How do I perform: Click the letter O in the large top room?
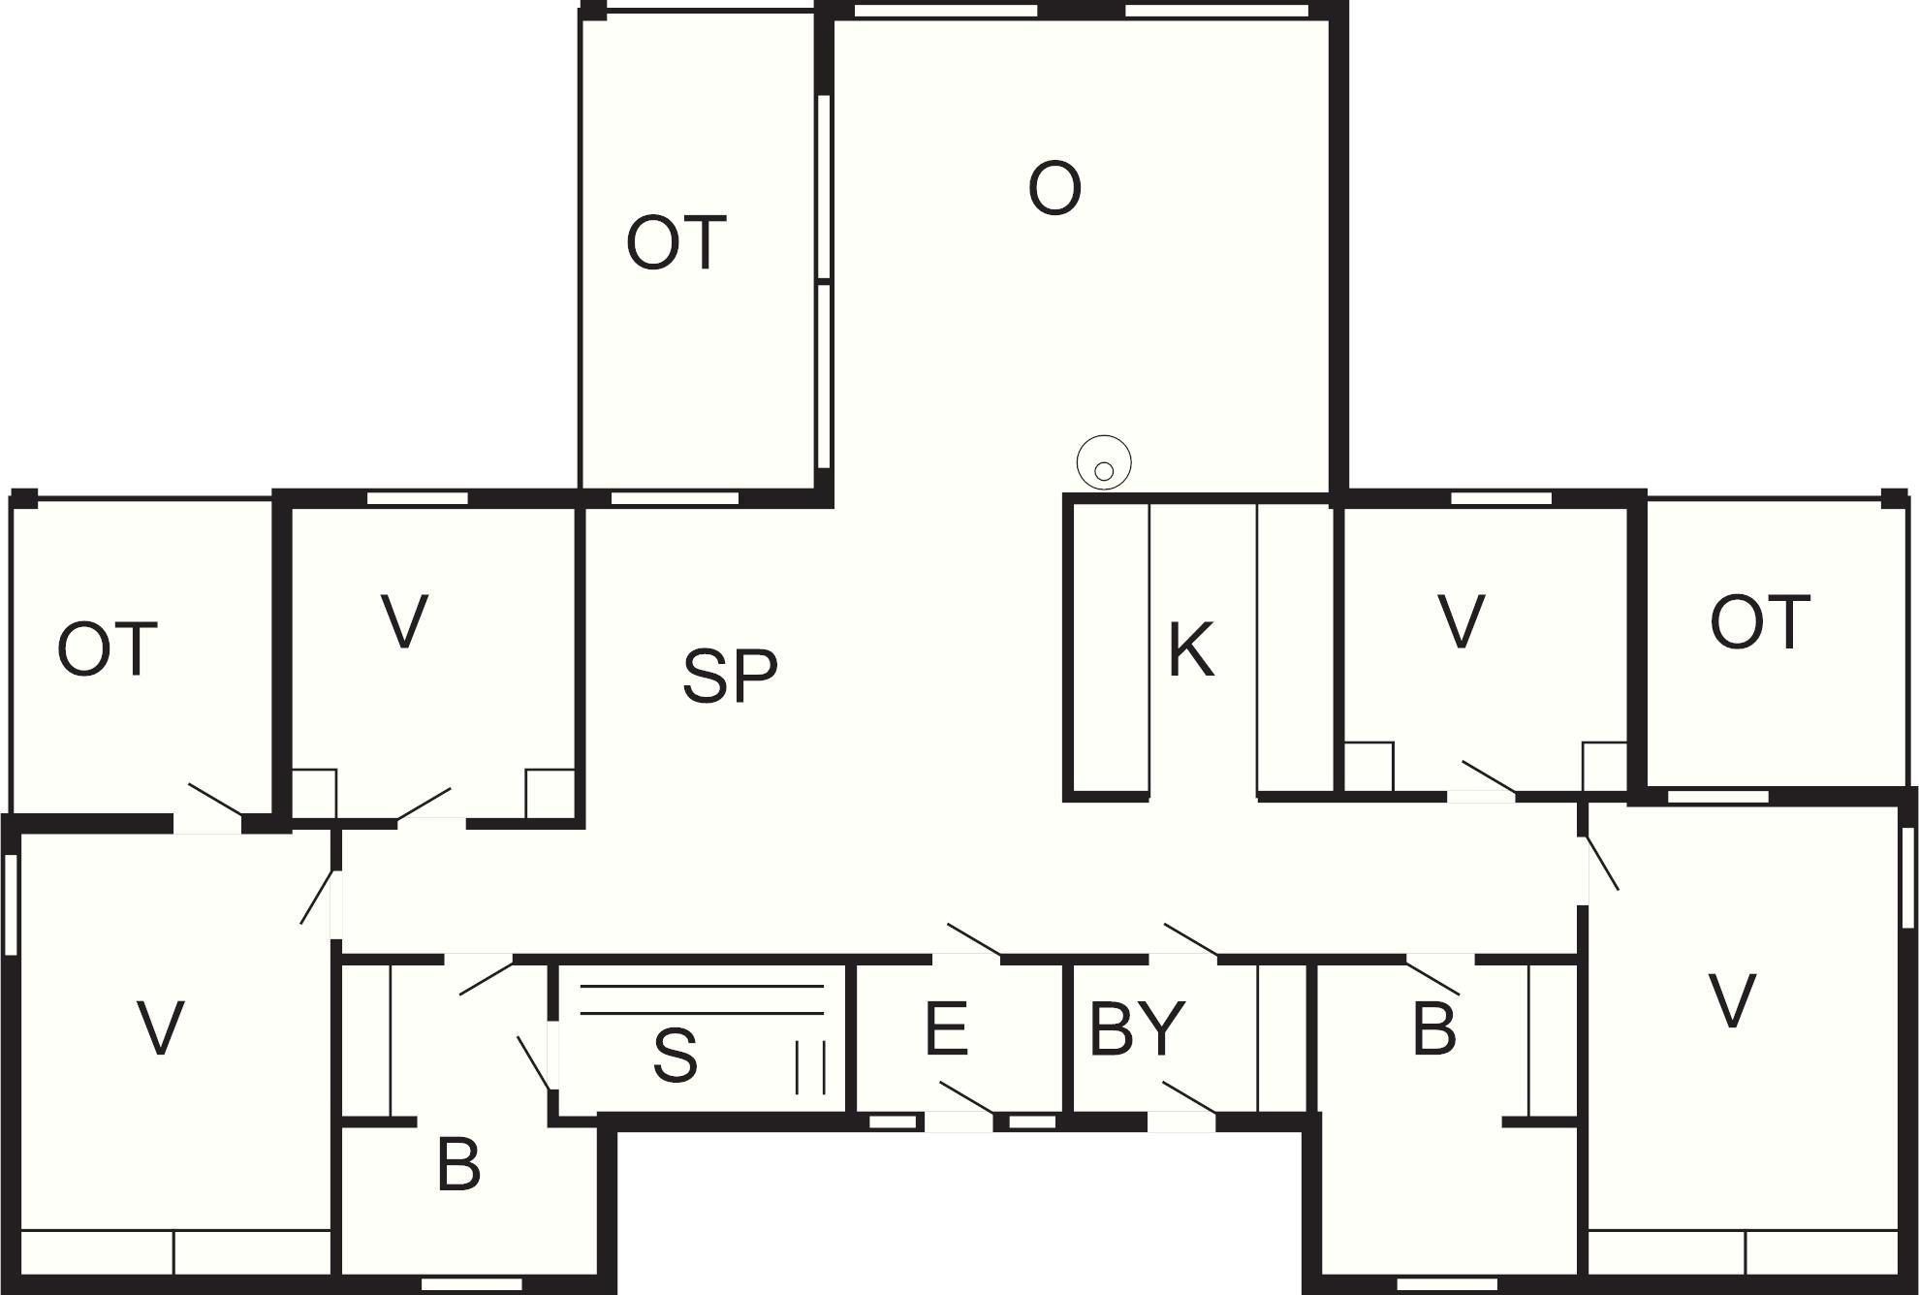click(1054, 189)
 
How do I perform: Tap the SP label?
click(730, 676)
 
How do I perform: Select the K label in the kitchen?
click(1191, 649)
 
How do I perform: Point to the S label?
click(675, 1055)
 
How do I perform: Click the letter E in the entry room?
click(946, 1028)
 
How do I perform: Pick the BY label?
click(1137, 1028)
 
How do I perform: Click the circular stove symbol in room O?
click(1104, 463)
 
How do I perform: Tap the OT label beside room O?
click(676, 242)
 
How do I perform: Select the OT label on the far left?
click(108, 649)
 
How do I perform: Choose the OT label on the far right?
click(1760, 622)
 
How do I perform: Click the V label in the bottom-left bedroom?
click(160, 1028)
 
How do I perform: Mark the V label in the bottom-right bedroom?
click(1731, 1000)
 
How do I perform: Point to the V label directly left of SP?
click(404, 621)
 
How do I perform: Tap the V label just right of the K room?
click(1462, 621)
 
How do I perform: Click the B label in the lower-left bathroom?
click(458, 1164)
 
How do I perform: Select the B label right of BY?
click(1434, 1028)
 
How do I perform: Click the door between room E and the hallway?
click(974, 940)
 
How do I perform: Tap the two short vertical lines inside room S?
click(810, 1067)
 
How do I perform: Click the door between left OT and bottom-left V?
click(215, 800)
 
